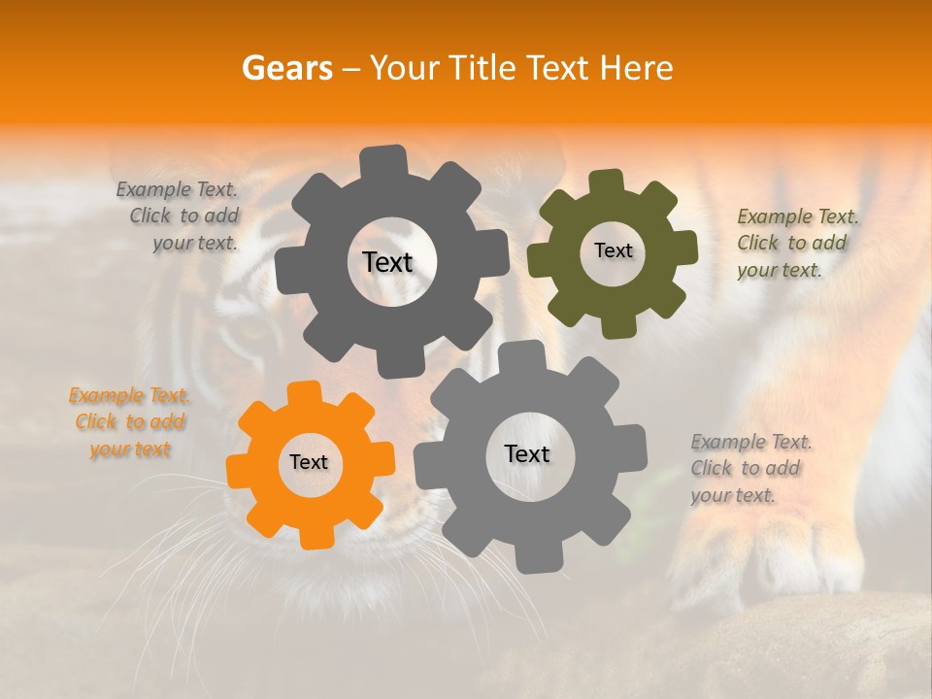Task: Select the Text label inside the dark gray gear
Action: [387, 262]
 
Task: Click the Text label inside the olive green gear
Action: [613, 250]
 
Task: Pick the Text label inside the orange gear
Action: [309, 462]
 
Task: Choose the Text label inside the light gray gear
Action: [527, 453]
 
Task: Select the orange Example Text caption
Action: [129, 422]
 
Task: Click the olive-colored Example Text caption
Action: [797, 243]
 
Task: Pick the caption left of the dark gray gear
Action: [181, 216]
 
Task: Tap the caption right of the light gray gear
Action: [750, 468]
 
